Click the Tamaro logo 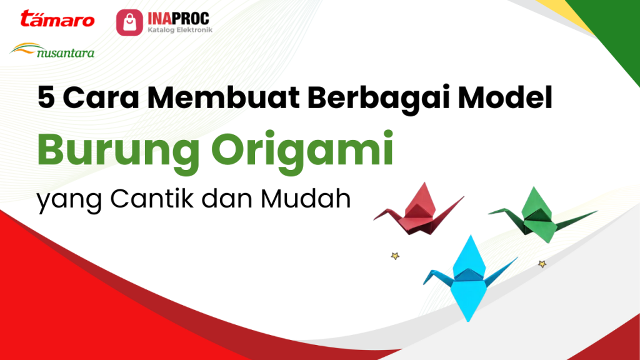pyautogui.click(x=57, y=19)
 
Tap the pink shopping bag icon pyautogui.click(x=128, y=22)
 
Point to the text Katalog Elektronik pyautogui.click(x=179, y=29)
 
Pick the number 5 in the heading pyautogui.click(x=46, y=99)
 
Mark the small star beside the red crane pyautogui.click(x=394, y=256)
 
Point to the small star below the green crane pyautogui.click(x=542, y=264)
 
